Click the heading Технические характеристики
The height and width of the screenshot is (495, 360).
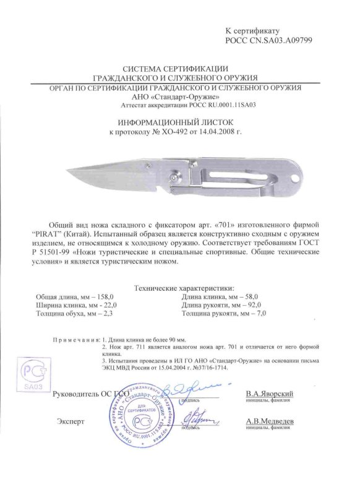(x=184, y=288)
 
